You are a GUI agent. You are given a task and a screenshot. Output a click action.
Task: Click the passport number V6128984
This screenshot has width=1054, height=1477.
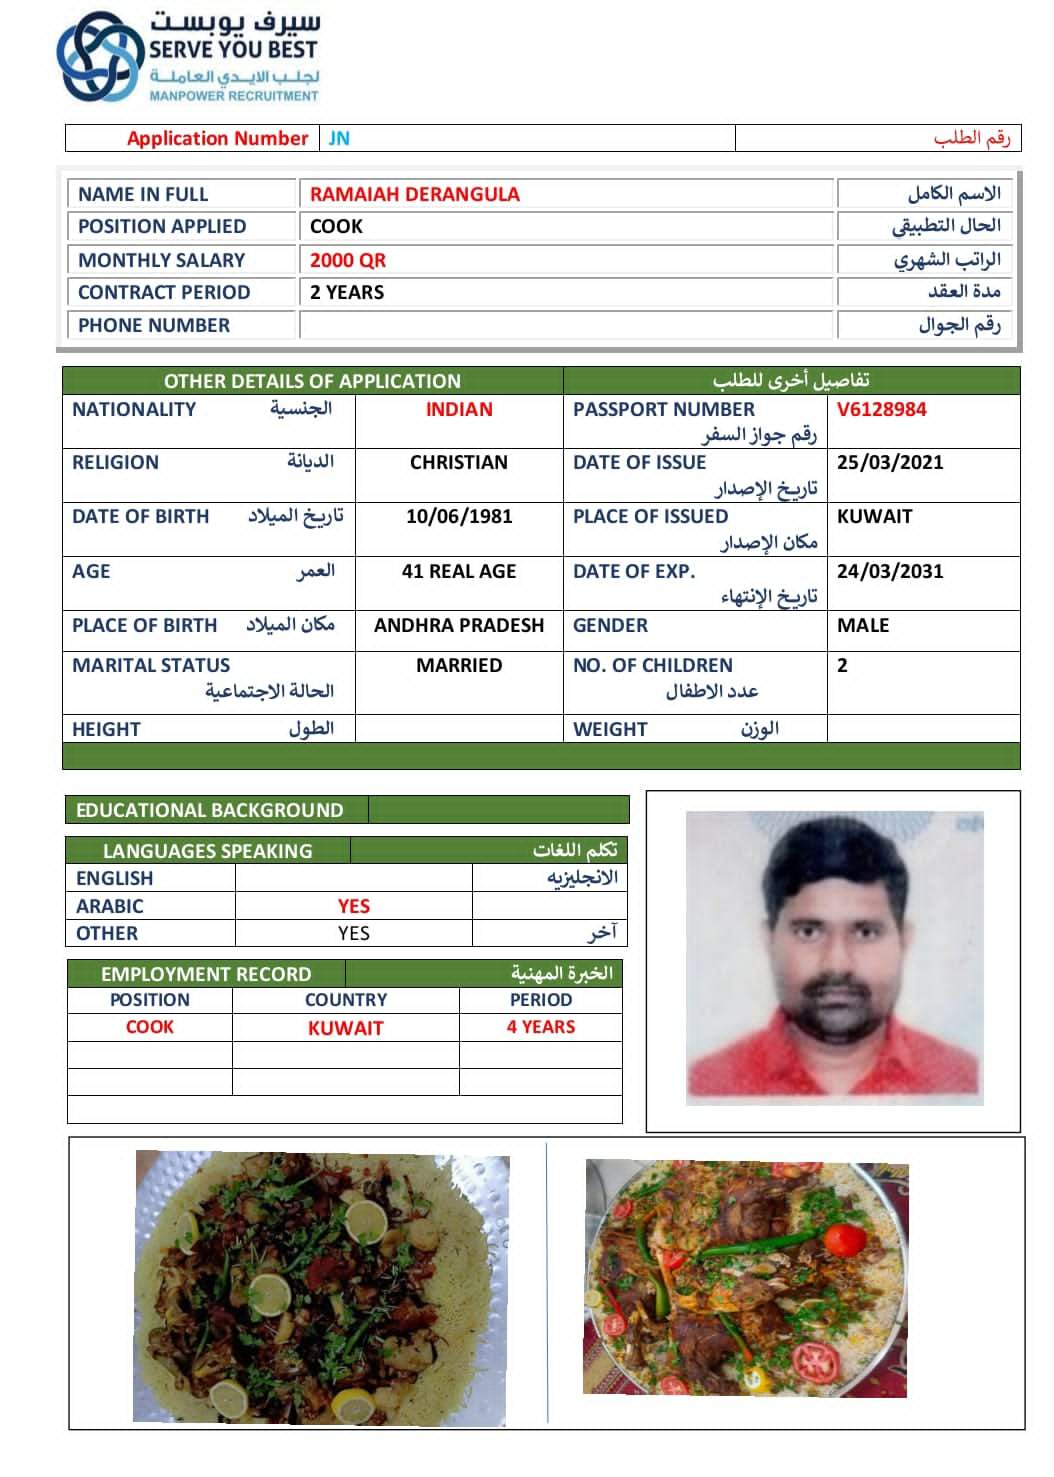click(881, 409)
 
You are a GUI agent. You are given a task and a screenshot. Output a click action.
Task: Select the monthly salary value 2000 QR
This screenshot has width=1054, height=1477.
click(347, 260)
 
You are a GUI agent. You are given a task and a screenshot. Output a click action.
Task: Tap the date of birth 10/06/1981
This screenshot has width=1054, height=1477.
click(458, 516)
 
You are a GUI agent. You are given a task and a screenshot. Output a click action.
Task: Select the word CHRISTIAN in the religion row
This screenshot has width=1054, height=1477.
click(458, 462)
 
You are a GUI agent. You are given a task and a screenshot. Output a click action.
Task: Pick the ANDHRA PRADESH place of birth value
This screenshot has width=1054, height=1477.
click(458, 625)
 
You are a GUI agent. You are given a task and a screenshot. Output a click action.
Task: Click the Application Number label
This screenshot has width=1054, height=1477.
click(217, 138)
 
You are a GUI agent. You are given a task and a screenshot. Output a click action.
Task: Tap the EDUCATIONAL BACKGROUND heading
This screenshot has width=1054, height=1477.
click(209, 810)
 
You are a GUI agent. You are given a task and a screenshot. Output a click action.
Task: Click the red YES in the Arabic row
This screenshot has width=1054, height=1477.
click(353, 906)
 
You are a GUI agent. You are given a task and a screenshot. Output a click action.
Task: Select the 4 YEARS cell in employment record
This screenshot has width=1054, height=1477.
click(540, 1027)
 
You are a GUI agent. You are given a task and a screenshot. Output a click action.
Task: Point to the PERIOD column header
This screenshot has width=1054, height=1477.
click(540, 999)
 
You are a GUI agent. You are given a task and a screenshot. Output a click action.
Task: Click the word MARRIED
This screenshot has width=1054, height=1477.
click(458, 665)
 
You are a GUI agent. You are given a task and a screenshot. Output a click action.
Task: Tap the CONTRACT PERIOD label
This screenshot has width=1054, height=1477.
click(164, 292)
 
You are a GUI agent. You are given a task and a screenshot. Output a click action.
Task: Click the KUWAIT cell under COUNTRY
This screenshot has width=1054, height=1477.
click(345, 1028)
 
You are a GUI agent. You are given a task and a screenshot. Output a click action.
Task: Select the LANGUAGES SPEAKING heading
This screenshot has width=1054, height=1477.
click(207, 851)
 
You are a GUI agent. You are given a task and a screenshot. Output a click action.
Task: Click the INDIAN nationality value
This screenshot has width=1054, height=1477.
click(458, 409)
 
